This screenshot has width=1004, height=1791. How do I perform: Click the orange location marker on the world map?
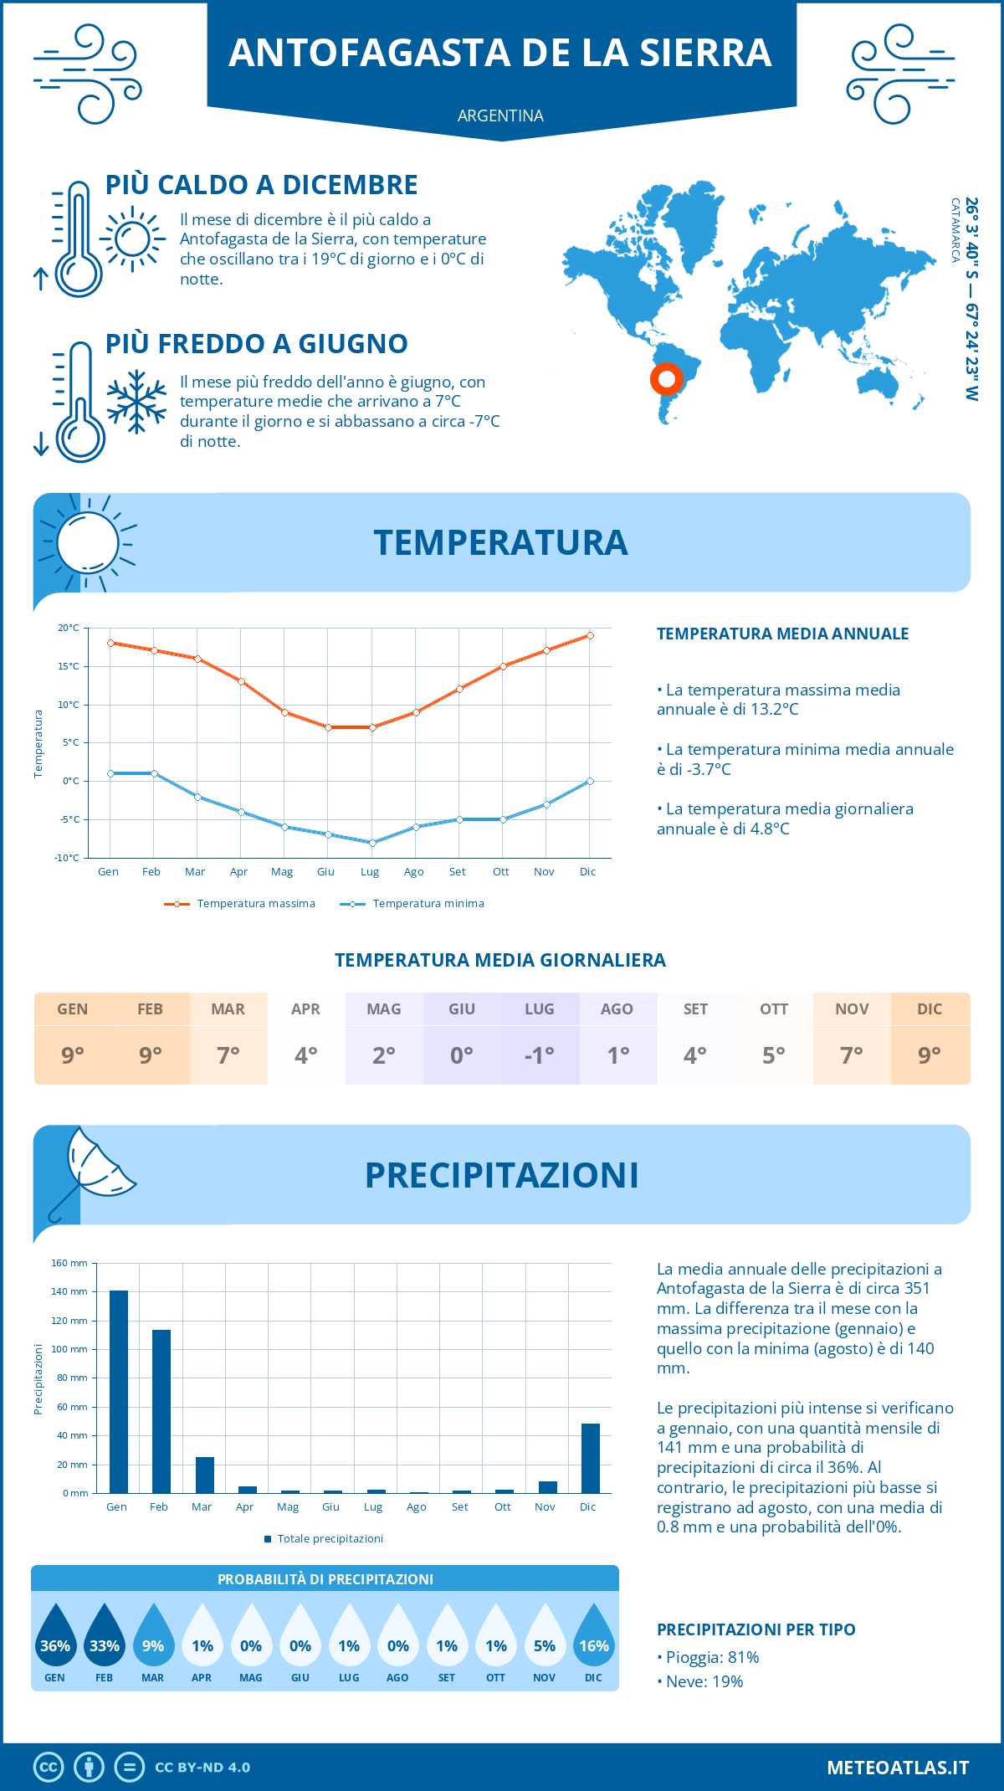tap(667, 379)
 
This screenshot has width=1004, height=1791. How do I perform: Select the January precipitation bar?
tap(119, 1392)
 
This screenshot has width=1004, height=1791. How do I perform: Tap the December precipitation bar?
tap(591, 1458)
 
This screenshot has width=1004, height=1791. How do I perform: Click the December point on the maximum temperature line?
tap(590, 635)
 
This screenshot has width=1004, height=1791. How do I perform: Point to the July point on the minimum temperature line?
tap(372, 843)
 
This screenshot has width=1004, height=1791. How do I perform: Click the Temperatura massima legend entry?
tap(241, 904)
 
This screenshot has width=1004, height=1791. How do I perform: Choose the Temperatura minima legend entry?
tap(413, 904)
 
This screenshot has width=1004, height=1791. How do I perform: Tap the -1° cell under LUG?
tap(540, 1055)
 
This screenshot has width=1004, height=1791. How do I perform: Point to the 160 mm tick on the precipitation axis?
tap(70, 1264)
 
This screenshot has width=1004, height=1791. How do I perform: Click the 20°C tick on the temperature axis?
tap(69, 628)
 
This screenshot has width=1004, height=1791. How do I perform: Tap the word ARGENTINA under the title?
tap(500, 115)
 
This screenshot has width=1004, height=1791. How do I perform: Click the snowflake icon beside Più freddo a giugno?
tap(136, 401)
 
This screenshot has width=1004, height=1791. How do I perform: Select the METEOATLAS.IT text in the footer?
tap(898, 1768)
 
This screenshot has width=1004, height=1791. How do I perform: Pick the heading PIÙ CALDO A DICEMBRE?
tap(262, 185)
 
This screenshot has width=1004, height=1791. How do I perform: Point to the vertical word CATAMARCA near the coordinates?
tap(955, 230)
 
